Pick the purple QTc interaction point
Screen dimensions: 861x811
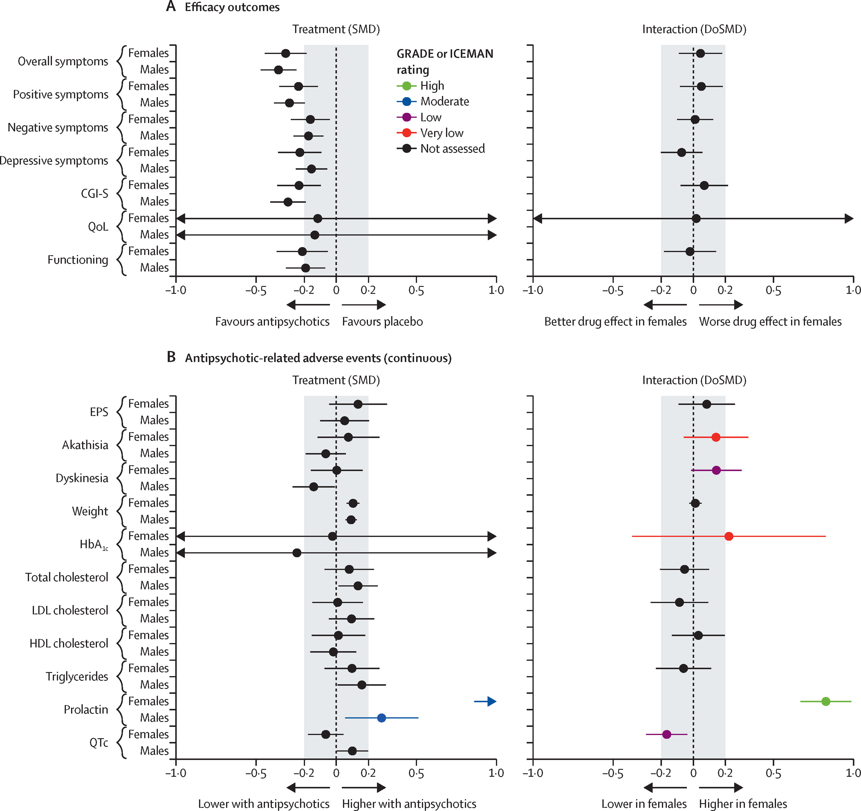667,734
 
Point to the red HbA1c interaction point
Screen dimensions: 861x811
729,536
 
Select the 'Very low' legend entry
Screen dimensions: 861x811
430,133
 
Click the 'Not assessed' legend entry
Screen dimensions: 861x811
441,148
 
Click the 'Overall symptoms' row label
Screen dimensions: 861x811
63,61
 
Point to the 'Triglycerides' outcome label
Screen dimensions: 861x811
77,676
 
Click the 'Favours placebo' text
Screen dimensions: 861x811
382,321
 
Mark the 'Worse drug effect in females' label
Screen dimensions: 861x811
770,321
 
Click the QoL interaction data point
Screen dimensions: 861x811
696,218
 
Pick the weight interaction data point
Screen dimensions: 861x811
695,503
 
